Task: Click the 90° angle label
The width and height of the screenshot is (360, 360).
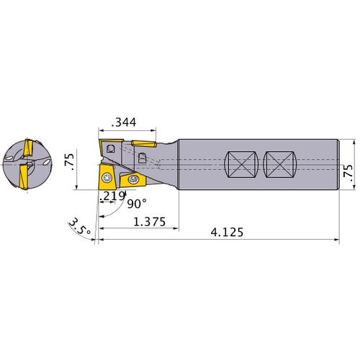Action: (137, 204)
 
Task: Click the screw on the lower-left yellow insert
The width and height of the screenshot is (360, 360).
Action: (106, 177)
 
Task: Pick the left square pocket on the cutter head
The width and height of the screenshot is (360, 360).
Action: (110, 148)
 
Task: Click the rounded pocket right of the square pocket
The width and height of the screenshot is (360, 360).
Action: (142, 157)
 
